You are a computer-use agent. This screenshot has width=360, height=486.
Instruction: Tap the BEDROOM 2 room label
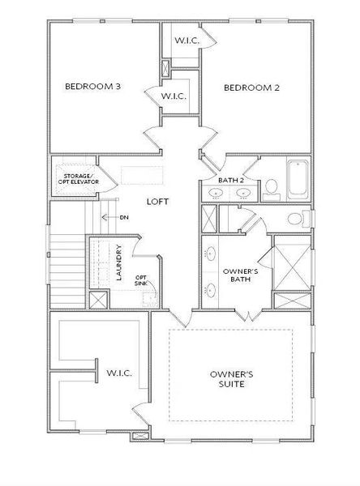(x=251, y=87)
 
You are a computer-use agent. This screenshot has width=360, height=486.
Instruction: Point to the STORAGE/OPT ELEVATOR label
(x=75, y=179)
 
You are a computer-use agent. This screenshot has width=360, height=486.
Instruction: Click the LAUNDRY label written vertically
(x=118, y=262)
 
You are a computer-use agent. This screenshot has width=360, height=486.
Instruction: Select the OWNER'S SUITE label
(x=232, y=379)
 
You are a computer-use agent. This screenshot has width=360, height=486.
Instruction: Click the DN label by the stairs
(x=123, y=217)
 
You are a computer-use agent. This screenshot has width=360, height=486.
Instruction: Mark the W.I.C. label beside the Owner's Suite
(x=119, y=373)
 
